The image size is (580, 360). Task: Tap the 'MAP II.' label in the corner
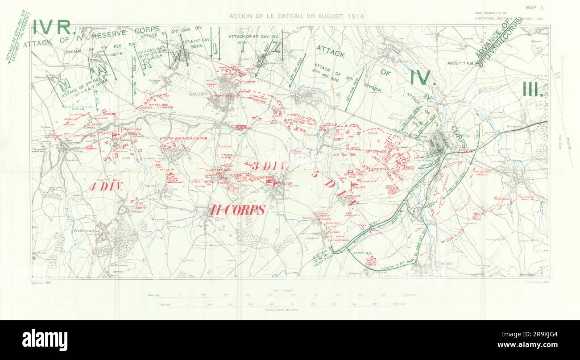tap(535, 7)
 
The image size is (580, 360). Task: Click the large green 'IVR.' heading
tap(52, 28)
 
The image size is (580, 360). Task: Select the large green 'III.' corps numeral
tap(533, 89)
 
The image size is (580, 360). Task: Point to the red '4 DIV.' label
tap(106, 187)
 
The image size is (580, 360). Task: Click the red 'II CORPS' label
tap(238, 210)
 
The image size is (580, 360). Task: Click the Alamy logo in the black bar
tap(45, 340)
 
